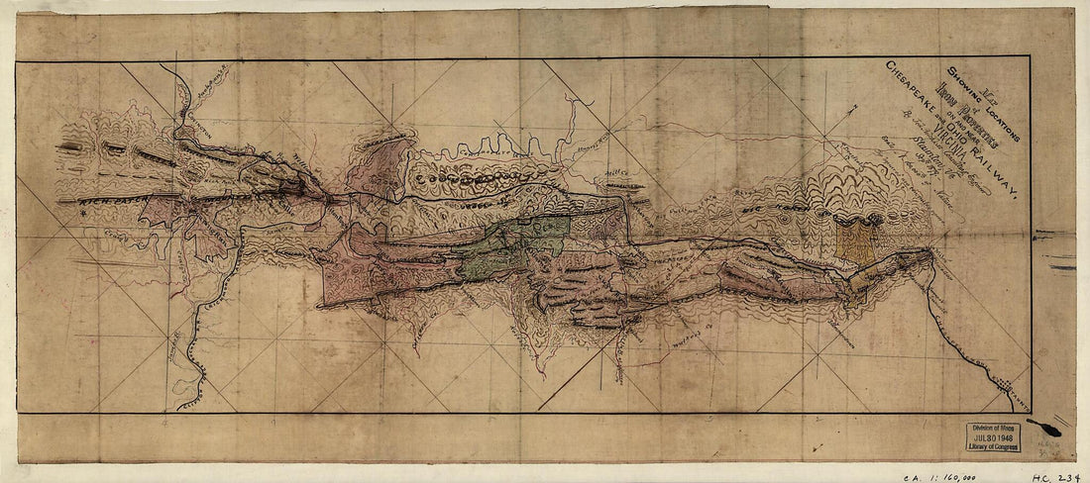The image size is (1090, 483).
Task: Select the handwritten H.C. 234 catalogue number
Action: (x=1058, y=475)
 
